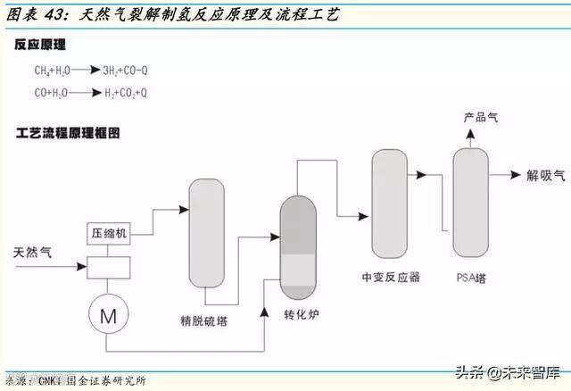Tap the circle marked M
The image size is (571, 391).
108,314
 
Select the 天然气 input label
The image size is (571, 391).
33,253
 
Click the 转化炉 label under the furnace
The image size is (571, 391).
301,315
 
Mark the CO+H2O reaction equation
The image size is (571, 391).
90,93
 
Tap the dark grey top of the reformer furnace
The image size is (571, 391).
300,221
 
